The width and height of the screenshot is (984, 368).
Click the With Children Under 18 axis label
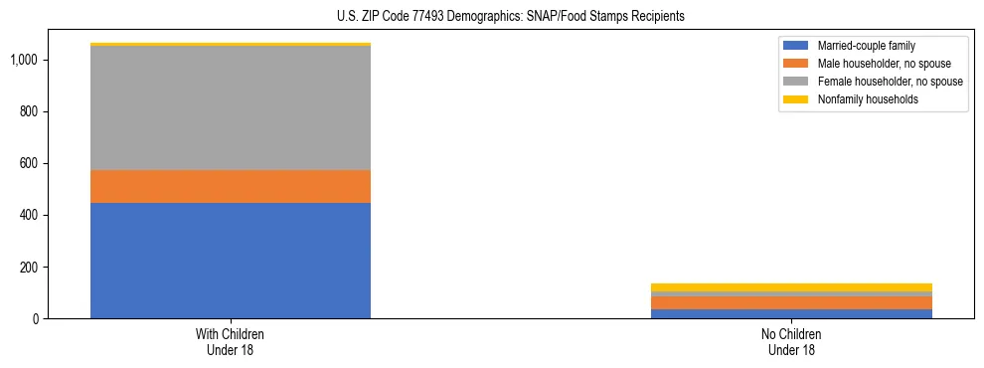[x=231, y=342]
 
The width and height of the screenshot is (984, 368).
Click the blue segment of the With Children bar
[x=231, y=261]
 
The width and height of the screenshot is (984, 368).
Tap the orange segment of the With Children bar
[x=231, y=187]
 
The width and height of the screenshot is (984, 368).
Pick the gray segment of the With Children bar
[x=231, y=108]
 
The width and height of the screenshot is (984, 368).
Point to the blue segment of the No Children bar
[x=791, y=314]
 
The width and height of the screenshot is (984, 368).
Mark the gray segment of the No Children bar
[x=791, y=294]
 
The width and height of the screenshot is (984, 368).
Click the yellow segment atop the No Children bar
[x=791, y=287]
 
